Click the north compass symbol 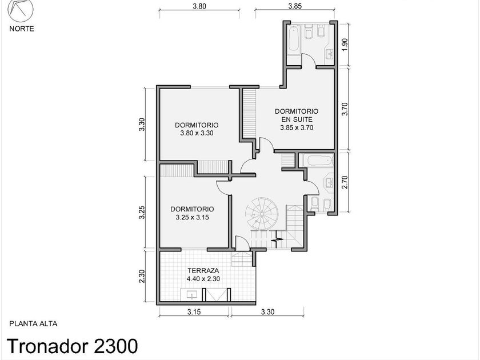coord(21,11)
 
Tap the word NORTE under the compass coord(22,29)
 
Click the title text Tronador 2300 coord(72,346)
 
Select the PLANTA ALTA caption coord(33,323)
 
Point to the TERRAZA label coord(203,271)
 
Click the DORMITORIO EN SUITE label coord(297,115)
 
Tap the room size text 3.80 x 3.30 coord(197,133)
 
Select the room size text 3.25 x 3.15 coord(192,217)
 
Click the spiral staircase coord(262,214)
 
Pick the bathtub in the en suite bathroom coord(294,41)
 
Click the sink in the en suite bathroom coord(329,54)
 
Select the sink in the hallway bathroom coord(329,183)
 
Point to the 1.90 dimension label coord(345,45)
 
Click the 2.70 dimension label coord(345,182)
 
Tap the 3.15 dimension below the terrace coord(194,312)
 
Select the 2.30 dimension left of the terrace coord(142,277)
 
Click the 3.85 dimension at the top coord(295,6)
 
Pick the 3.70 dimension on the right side coord(345,109)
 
